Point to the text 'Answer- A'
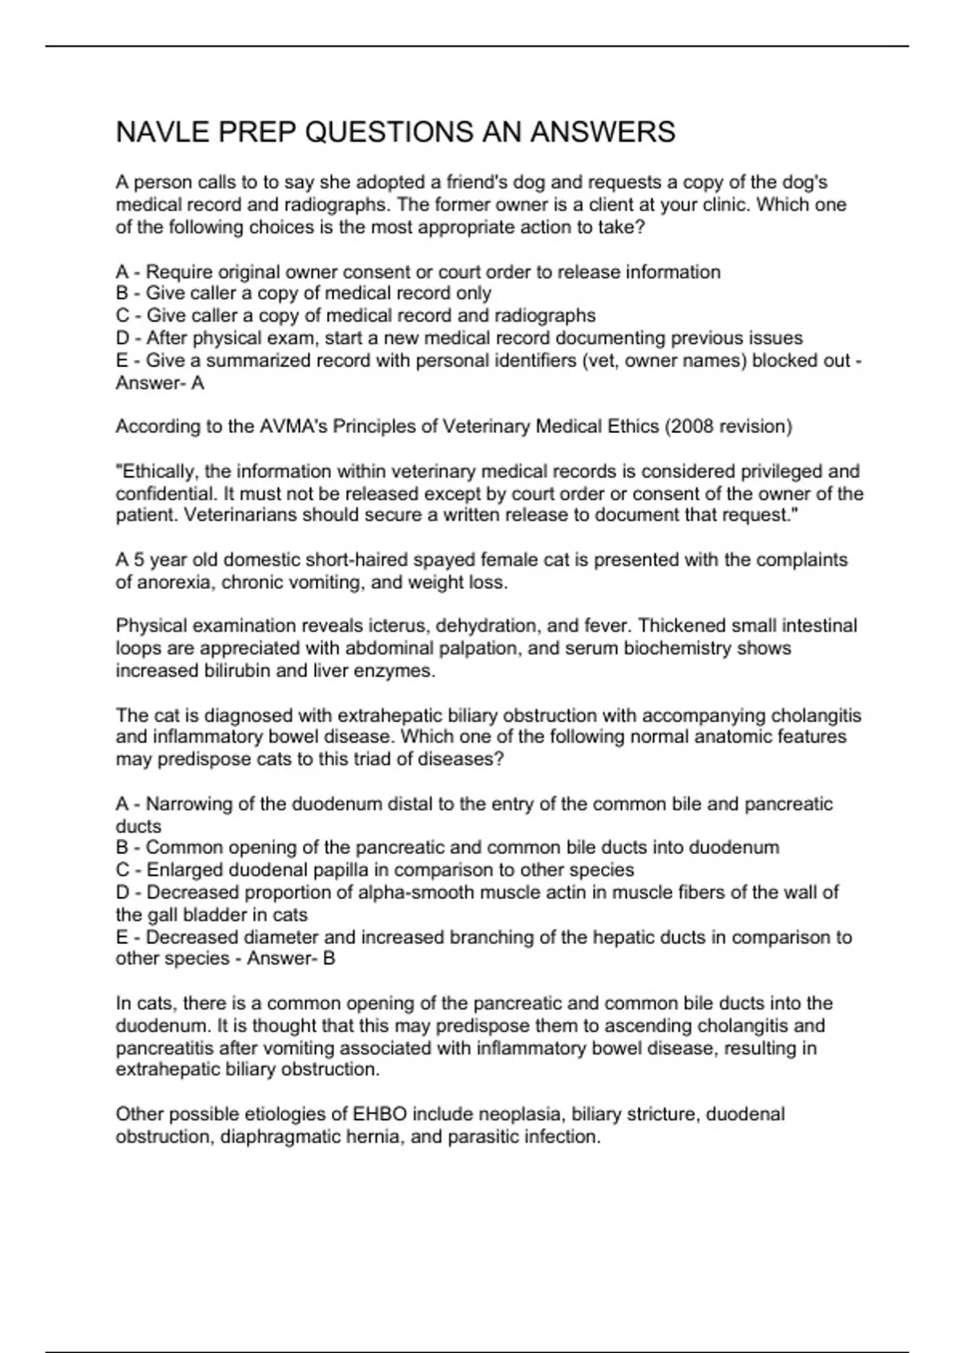tap(160, 383)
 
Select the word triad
tap(341, 759)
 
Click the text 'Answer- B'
tap(291, 958)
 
